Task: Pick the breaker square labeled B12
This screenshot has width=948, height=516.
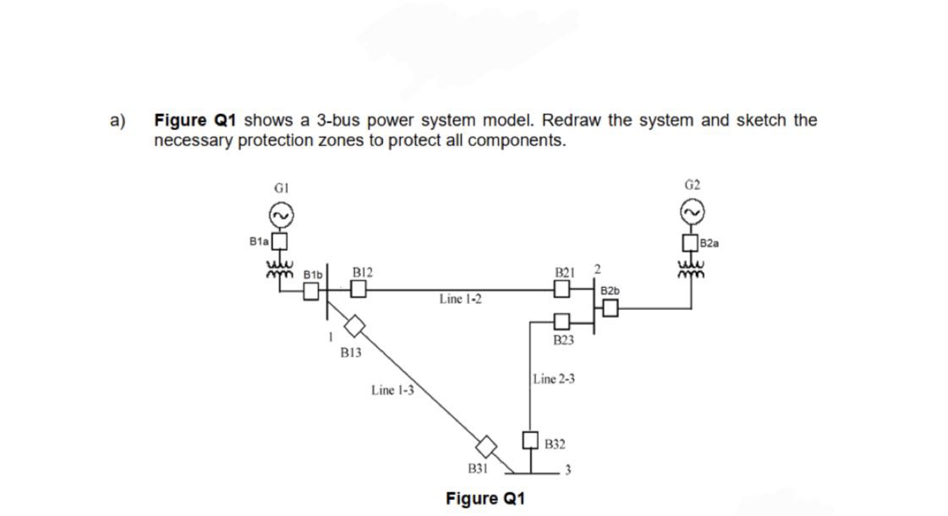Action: tap(359, 291)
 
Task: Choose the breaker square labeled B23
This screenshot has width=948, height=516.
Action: tap(562, 322)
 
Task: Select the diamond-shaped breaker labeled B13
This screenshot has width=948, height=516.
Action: tap(353, 325)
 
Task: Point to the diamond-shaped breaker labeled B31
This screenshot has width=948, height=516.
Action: tap(485, 445)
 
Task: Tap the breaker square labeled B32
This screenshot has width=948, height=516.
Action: tap(530, 440)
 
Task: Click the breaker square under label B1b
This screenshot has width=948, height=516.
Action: tap(311, 291)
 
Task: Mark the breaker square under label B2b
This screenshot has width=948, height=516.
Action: tap(611, 310)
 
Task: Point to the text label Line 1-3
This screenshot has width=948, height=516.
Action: tap(392, 390)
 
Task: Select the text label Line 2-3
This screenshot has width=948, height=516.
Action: tap(555, 379)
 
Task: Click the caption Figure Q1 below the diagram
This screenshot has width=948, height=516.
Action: tap(485, 498)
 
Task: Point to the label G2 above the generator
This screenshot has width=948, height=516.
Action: tap(691, 183)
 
